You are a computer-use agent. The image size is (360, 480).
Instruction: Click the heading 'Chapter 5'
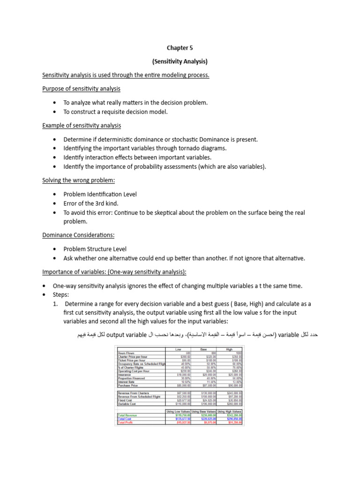180,48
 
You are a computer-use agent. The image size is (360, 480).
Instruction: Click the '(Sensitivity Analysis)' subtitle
180,61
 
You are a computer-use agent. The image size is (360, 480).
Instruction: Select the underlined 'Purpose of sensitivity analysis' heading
82,89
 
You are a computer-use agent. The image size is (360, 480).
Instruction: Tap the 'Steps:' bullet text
61,295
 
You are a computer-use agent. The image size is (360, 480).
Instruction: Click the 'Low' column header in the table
178,349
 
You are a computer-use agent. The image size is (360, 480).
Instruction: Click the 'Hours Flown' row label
126,353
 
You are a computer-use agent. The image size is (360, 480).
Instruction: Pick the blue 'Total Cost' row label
125,418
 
